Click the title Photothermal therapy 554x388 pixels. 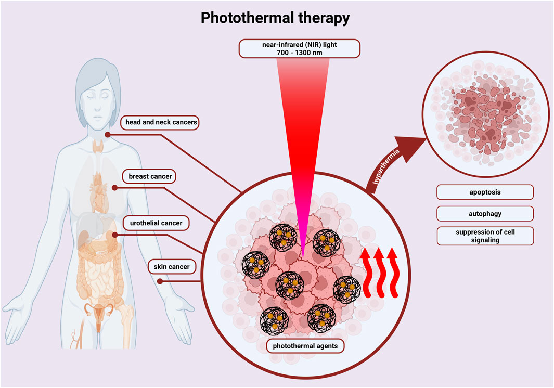(x=275, y=18)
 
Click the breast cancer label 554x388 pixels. (x=151, y=176)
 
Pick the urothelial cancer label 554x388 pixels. (x=156, y=223)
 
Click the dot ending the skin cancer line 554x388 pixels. (x=160, y=282)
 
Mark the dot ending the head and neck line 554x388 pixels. (x=108, y=135)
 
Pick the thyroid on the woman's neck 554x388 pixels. (x=97, y=145)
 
